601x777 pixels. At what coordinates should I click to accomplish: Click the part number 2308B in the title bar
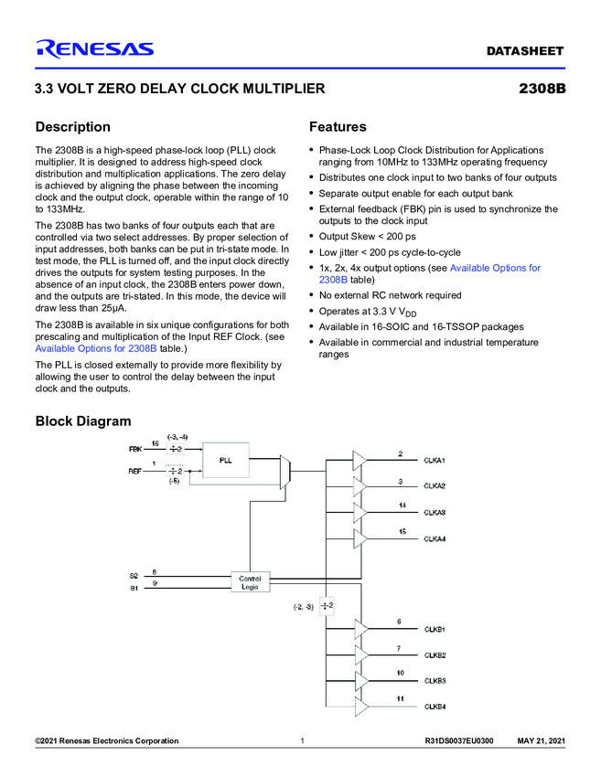click(542, 90)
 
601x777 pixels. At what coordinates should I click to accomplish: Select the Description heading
click(72, 127)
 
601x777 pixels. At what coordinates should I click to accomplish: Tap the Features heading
click(338, 127)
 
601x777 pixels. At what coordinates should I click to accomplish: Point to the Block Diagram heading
click(82, 421)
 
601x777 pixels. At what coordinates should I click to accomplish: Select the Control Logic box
click(250, 582)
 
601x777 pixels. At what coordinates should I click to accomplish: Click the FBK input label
click(135, 450)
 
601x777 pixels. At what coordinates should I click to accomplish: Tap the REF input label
click(135, 471)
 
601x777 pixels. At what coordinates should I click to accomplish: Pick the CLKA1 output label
click(435, 459)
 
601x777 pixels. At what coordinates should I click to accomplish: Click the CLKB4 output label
click(435, 708)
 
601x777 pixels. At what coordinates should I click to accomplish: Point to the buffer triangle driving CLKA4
click(360, 538)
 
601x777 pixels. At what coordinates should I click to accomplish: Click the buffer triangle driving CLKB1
click(360, 629)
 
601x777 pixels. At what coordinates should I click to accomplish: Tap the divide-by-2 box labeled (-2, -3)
click(327, 605)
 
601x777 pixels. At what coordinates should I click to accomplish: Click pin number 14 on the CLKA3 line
click(402, 506)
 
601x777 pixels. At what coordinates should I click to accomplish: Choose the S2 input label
click(134, 575)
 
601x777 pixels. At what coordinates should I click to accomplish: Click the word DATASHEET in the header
click(524, 51)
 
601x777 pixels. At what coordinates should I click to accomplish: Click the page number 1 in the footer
click(301, 740)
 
